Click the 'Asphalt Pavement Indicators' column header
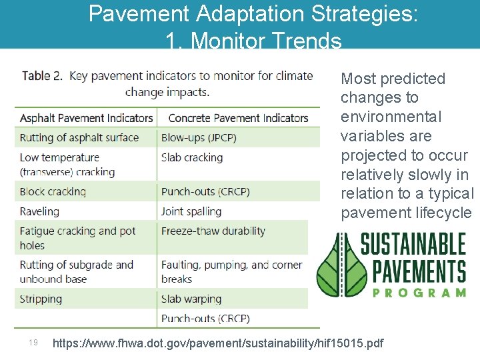coord(87,118)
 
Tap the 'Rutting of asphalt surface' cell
coord(79,138)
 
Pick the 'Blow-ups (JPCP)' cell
coord(199,138)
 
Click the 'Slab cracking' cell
coord(192,158)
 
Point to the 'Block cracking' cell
coord(53,191)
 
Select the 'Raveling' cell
coord(39,211)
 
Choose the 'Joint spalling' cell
coord(191,211)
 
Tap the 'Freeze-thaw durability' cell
coord(213,231)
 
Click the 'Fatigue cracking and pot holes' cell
coord(77,238)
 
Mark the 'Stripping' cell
coord(41,299)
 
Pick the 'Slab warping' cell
coord(191,299)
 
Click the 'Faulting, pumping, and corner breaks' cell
coord(231,271)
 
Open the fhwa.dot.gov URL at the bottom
coord(218,343)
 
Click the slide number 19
coord(33,343)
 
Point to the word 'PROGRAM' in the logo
coord(419,292)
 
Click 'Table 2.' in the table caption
coord(42,76)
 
